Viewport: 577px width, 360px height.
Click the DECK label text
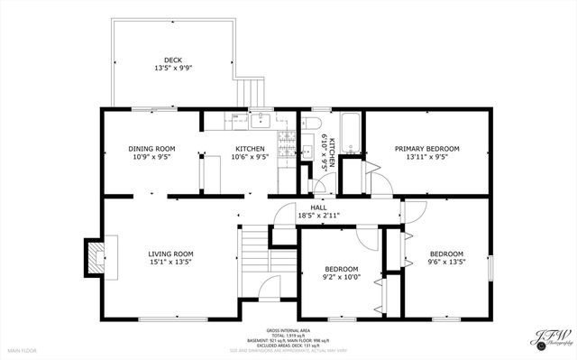coord(172,60)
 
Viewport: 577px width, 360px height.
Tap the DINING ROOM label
coord(151,148)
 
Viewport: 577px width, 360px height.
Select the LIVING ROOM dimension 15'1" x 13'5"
coord(171,263)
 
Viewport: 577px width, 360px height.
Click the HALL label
coord(319,208)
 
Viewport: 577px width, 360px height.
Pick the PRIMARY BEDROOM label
coord(427,148)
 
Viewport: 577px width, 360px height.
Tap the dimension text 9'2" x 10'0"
coord(342,278)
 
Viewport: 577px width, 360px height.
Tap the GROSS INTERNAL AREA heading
coord(288,330)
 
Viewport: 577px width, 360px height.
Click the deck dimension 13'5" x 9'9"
coord(172,69)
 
